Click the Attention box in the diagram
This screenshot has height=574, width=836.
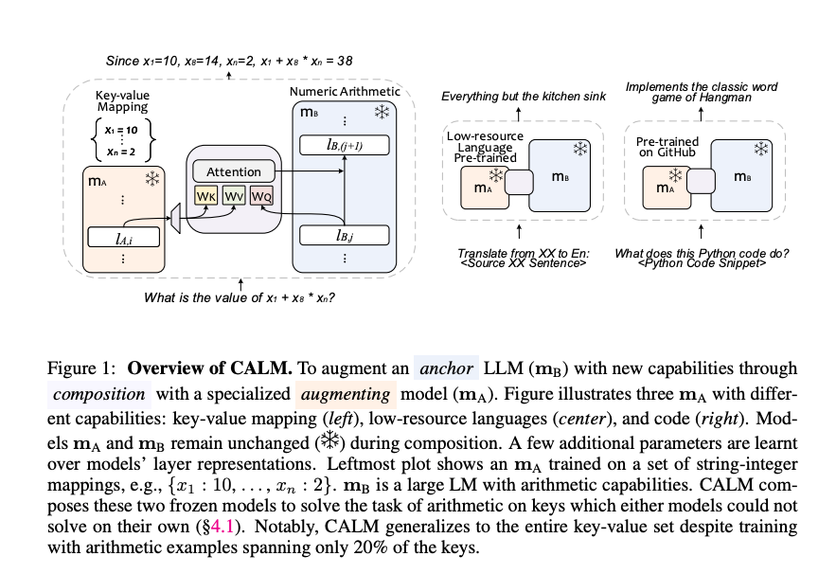tap(233, 172)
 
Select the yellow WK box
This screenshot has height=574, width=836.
tap(205, 196)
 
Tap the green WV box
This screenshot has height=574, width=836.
tap(233, 196)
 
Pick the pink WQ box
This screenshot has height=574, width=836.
tap(260, 196)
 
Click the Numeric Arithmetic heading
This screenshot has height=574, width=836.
tap(345, 91)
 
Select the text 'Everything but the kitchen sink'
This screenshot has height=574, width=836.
tap(517, 97)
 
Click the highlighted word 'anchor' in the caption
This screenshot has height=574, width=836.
tap(446, 368)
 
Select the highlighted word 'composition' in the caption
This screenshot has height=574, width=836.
tap(93, 390)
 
